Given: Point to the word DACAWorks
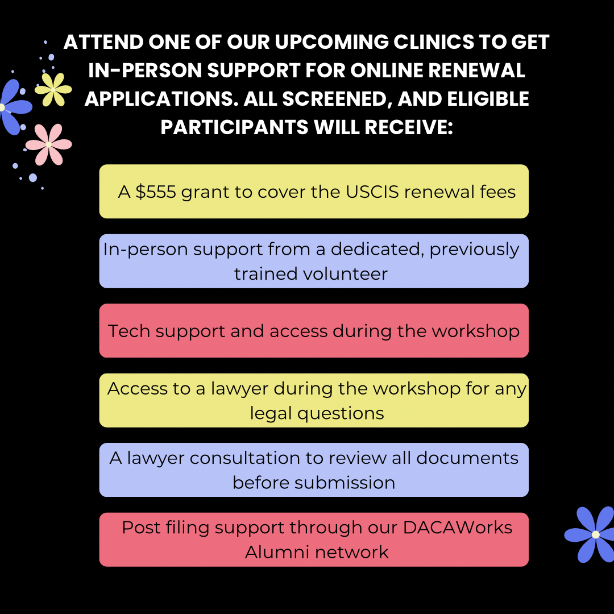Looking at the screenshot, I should click(458, 527).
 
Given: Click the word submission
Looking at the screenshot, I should click(345, 482).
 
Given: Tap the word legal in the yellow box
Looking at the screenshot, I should click(272, 413).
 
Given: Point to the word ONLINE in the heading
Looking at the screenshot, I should click(390, 71).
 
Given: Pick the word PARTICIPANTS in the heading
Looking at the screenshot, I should click(235, 127).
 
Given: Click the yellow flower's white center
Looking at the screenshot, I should click(53, 89).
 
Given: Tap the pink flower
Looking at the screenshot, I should click(48, 144).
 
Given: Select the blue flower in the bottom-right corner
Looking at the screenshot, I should click(594, 534).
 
